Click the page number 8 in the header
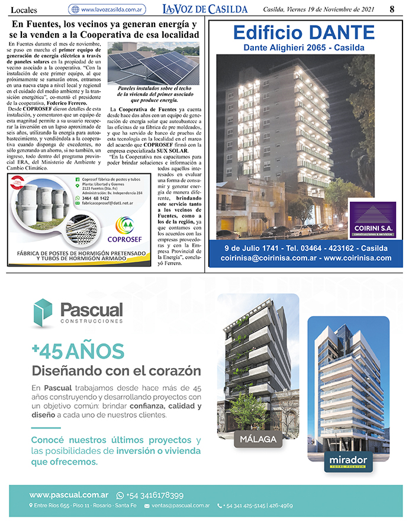392,9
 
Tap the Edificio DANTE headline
304,32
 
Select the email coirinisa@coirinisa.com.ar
269,258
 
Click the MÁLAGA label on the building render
257,440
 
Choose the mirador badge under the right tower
348,461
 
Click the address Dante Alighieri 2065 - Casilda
304,47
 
